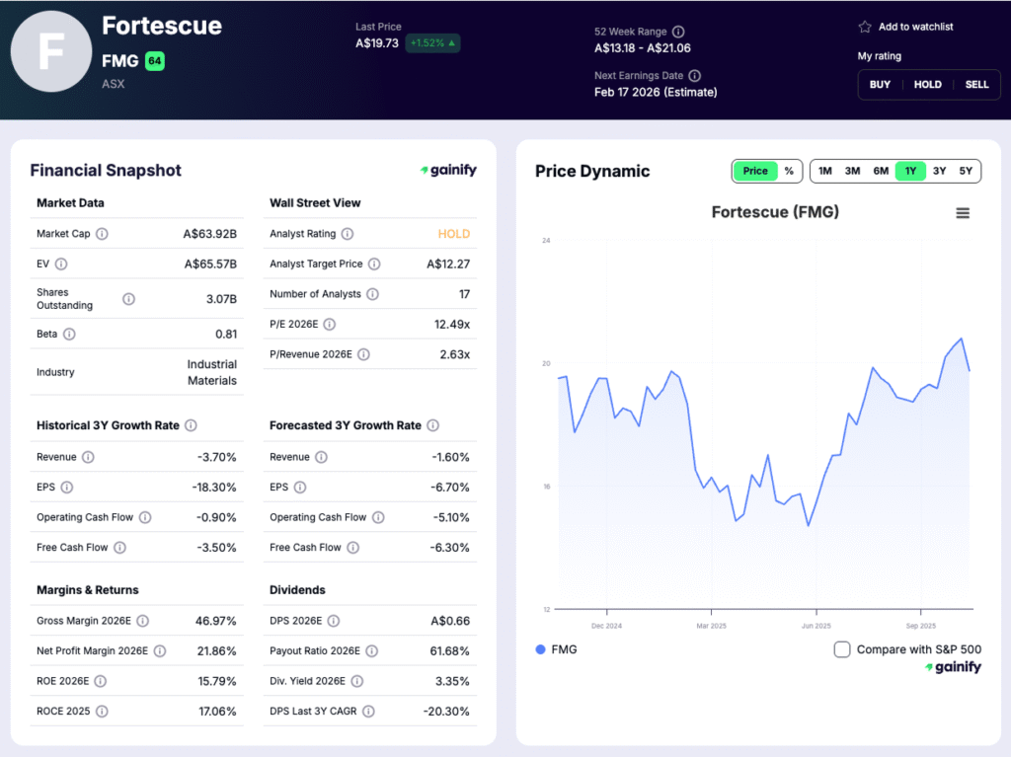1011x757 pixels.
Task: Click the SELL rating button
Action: point(976,85)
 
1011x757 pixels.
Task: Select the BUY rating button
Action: point(880,85)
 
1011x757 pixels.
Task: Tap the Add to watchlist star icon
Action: point(865,27)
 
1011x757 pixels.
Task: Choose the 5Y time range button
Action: point(966,171)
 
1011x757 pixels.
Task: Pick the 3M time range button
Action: point(852,171)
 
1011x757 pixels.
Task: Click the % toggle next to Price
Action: point(789,171)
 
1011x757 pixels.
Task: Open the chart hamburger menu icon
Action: point(963,213)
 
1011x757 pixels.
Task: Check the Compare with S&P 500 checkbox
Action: point(842,649)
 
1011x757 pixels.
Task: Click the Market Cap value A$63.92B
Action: point(210,234)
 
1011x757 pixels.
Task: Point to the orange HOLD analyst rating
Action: point(454,234)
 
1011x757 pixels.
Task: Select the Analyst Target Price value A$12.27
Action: point(448,264)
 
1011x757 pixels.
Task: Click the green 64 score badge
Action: point(154,61)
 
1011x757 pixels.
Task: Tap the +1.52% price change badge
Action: point(432,43)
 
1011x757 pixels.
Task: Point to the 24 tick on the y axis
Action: point(546,241)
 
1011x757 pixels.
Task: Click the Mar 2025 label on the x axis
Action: point(711,626)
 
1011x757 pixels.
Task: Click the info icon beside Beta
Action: point(69,335)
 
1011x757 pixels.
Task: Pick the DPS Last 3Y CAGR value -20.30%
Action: point(444,711)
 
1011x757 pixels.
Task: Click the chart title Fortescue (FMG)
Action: point(775,212)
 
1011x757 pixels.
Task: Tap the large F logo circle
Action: point(51,51)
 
